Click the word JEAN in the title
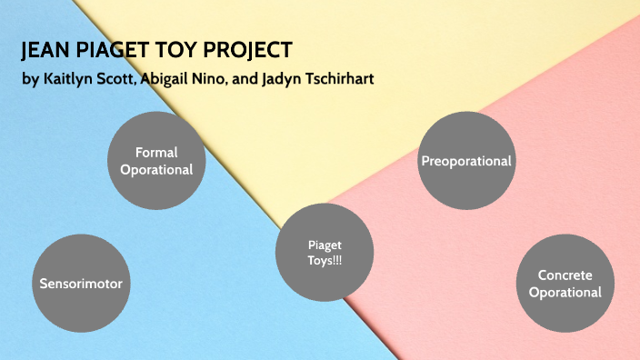[x=45, y=50]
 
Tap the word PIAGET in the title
[x=110, y=50]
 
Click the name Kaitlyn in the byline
[x=70, y=79]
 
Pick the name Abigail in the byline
[x=170, y=79]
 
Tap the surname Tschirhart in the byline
[x=336, y=79]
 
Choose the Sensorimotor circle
[x=80, y=283]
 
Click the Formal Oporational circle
[x=156, y=161]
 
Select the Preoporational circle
[x=466, y=161]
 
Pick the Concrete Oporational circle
[x=565, y=283]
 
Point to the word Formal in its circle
[x=156, y=152]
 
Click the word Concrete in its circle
[x=565, y=275]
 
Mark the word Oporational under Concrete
[x=565, y=292]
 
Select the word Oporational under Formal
[x=156, y=169]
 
